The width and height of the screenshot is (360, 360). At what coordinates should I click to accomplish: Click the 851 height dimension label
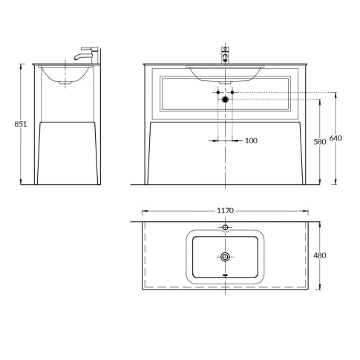(x=22, y=124)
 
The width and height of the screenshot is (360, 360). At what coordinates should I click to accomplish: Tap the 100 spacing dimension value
(x=251, y=140)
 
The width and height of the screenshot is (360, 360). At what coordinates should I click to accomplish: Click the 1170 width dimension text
(x=226, y=211)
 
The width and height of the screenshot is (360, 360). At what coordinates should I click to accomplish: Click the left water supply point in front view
(x=218, y=92)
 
